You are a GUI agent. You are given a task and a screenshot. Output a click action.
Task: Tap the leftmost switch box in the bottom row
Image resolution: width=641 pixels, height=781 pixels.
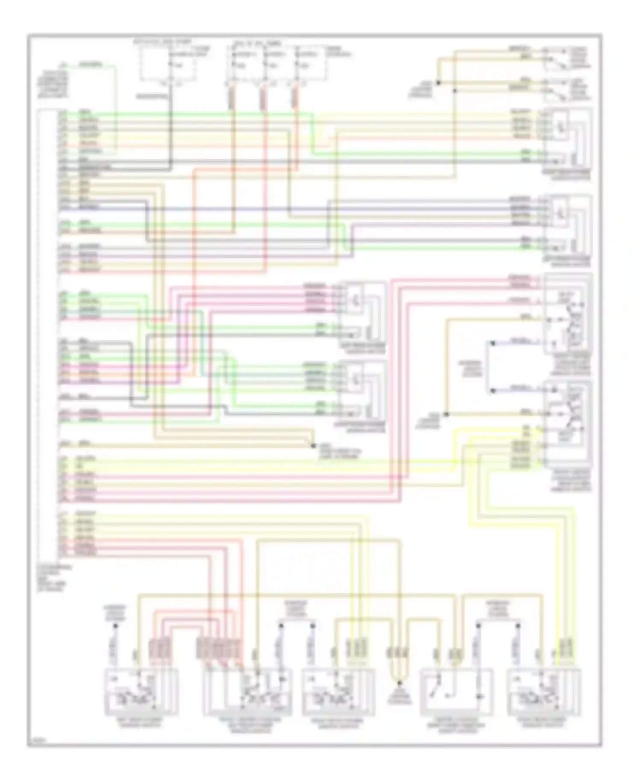tap(141, 693)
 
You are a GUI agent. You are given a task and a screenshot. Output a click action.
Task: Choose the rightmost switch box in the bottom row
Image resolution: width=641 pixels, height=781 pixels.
tap(544, 693)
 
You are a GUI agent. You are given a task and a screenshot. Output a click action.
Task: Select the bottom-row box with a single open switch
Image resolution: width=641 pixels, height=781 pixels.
tap(456, 693)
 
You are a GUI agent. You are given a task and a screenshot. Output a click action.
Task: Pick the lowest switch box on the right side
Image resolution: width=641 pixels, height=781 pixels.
tap(567, 421)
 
